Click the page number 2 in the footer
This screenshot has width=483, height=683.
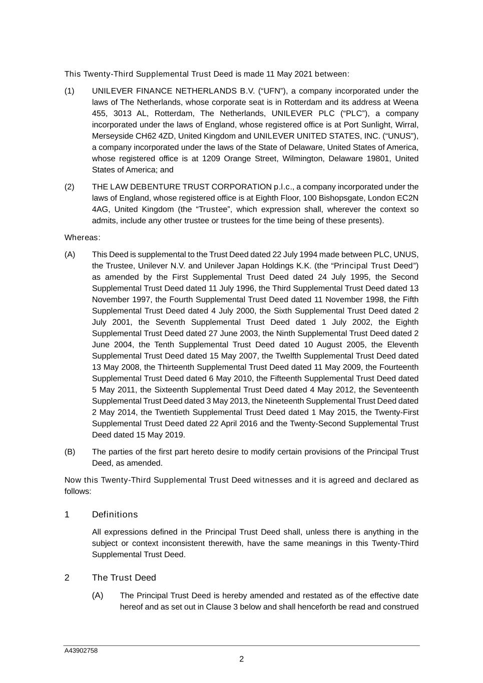pos(241,659)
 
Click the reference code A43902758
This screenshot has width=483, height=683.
pos(81,650)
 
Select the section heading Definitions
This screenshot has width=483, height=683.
pos(115,514)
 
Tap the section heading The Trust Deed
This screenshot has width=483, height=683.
pos(124,577)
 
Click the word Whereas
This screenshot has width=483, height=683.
pos(82,237)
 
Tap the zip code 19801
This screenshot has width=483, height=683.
pos(379,159)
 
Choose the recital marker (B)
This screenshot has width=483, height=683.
pos(70,452)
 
